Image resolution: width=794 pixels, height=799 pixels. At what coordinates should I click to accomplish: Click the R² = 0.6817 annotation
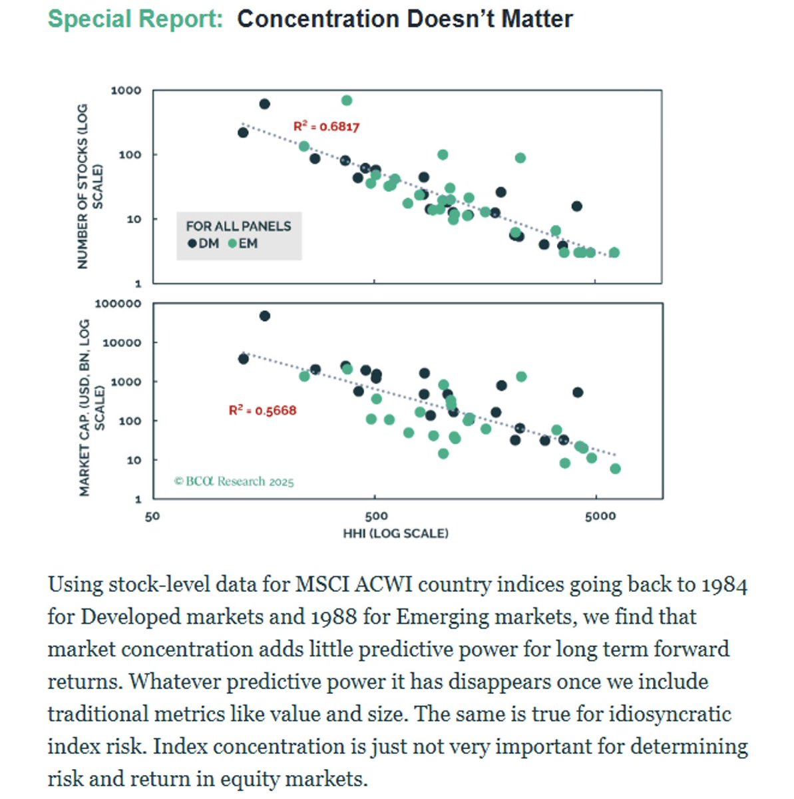pyautogui.click(x=326, y=127)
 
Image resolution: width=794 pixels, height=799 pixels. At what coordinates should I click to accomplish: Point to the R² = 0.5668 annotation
pyautogui.click(x=262, y=410)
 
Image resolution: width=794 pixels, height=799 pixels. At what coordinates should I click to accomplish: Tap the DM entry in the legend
pyautogui.click(x=204, y=244)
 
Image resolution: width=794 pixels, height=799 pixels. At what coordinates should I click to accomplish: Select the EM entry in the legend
pyautogui.click(x=243, y=244)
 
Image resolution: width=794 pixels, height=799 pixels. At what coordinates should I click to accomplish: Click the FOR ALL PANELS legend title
pyautogui.click(x=238, y=226)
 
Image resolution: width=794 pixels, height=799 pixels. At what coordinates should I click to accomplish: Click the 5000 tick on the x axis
pyautogui.click(x=600, y=517)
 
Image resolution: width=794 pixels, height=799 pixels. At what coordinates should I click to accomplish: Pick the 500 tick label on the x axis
pyautogui.click(x=375, y=517)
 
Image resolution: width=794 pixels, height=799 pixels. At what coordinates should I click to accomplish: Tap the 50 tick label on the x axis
pyautogui.click(x=152, y=517)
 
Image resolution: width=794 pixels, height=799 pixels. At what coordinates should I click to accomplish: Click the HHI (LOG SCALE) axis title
pyautogui.click(x=395, y=533)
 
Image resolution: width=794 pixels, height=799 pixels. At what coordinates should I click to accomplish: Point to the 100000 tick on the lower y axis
pyautogui.click(x=118, y=304)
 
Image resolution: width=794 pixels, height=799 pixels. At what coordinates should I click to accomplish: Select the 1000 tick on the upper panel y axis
pyautogui.click(x=126, y=91)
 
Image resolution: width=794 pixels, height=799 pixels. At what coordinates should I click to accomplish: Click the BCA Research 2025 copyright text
pyautogui.click(x=234, y=481)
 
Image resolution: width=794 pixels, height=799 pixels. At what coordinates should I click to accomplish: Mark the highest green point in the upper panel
pyautogui.click(x=347, y=101)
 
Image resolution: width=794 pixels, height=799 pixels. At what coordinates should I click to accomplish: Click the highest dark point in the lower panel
pyautogui.click(x=264, y=316)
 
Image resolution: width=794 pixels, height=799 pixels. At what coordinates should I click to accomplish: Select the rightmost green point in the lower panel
pyautogui.click(x=615, y=469)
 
